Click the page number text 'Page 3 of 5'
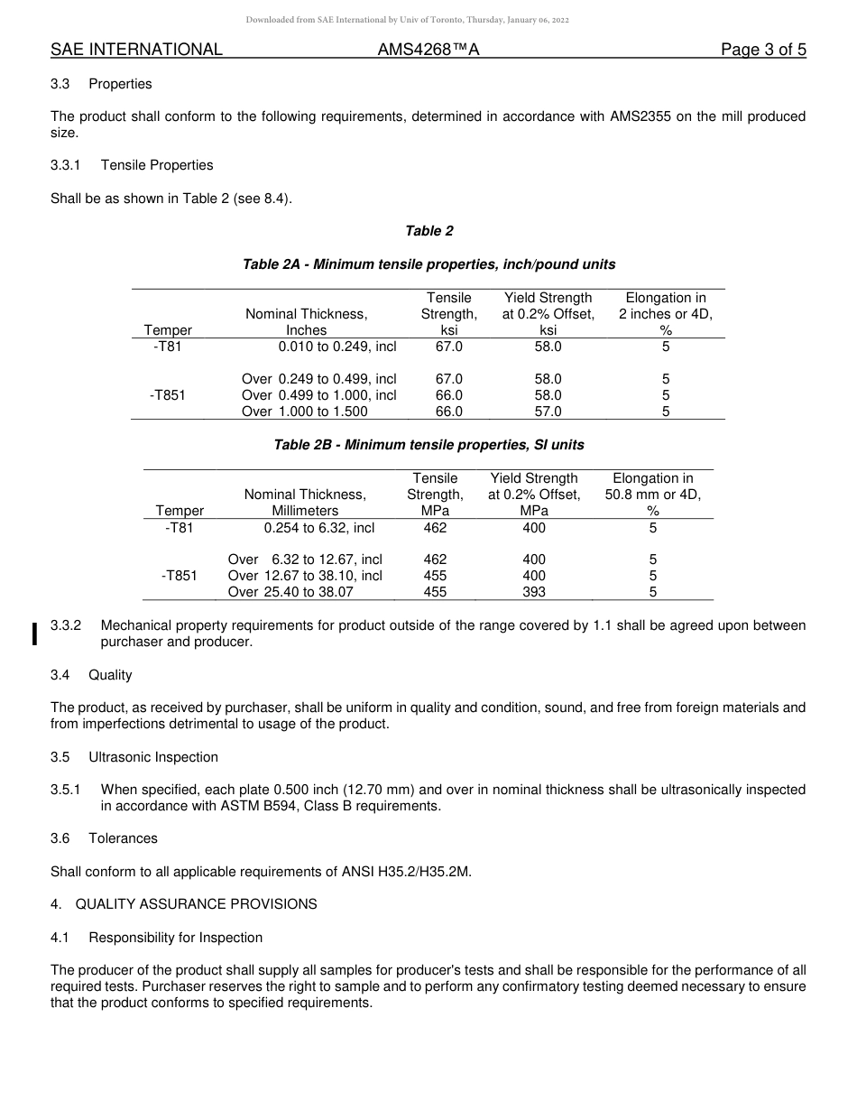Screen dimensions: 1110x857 pos(763,50)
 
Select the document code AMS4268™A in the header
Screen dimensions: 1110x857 pos(428,50)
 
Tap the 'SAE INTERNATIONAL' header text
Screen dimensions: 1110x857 pos(136,50)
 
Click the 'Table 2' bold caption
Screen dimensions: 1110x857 pos(429,231)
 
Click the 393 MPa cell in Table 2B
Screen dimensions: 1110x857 pos(534,592)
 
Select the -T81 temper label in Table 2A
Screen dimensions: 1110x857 pos(167,347)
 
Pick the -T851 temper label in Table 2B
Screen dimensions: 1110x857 pos(179,576)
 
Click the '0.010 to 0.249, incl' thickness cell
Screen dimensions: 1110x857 pos(337,347)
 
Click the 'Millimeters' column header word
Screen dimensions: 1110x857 pos(305,511)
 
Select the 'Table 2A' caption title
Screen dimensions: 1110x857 pos(428,264)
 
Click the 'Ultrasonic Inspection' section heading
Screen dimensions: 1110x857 pos(153,757)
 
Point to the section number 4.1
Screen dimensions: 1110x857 pos(60,938)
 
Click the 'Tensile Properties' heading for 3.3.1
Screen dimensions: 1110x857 pos(157,165)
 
